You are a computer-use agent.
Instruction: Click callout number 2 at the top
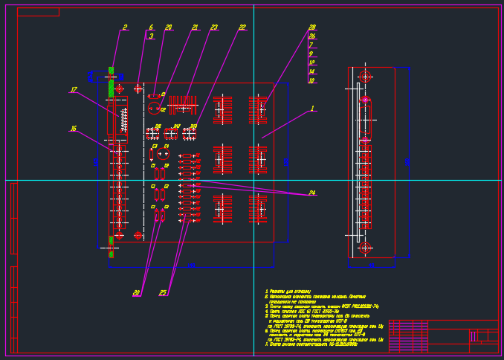click(x=125, y=28)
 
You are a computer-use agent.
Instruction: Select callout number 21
click(x=195, y=28)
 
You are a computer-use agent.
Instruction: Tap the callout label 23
click(x=214, y=28)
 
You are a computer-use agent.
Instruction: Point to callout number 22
click(x=242, y=28)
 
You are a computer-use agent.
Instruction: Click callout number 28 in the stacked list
click(x=312, y=28)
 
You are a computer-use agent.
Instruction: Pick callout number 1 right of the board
click(x=312, y=109)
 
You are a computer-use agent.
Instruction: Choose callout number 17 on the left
click(x=74, y=90)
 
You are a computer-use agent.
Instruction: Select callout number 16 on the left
click(x=73, y=129)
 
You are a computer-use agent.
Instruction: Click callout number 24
click(x=312, y=193)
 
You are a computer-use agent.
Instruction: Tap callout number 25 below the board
click(x=163, y=293)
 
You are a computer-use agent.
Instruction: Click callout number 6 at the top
click(x=151, y=28)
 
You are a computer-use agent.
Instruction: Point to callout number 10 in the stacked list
click(x=311, y=81)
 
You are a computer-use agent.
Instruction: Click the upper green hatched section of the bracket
click(x=111, y=82)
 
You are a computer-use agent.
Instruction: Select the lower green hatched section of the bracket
click(x=111, y=246)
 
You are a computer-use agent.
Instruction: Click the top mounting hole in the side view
click(x=364, y=77)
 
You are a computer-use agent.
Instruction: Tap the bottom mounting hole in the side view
click(x=364, y=248)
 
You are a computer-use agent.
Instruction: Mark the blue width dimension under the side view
click(x=372, y=265)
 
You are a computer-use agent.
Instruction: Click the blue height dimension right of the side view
click(x=408, y=161)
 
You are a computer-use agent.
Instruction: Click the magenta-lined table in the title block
click(x=408, y=335)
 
